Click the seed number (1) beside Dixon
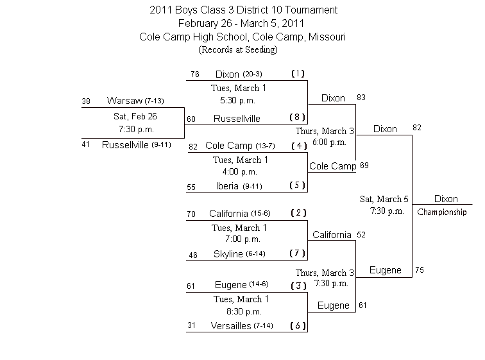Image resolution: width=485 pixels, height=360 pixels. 298,74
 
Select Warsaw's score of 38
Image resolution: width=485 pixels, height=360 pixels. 86,101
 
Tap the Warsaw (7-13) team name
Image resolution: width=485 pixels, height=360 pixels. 135,101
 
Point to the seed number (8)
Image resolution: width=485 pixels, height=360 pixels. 297,117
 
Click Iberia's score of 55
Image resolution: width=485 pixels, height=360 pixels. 191,187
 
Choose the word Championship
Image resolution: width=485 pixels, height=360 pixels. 441,212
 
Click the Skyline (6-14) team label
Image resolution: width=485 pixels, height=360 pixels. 239,254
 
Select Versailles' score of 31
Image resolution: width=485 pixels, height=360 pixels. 191,325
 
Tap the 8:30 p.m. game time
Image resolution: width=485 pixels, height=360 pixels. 244,311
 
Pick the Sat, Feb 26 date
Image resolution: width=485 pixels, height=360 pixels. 135,116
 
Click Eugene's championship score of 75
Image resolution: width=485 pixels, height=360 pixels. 420,270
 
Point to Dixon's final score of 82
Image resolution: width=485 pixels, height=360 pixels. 417,128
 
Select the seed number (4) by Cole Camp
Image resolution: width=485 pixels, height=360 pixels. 299,146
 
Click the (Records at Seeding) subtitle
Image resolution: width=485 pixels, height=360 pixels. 238,49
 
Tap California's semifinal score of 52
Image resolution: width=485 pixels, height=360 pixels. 361,235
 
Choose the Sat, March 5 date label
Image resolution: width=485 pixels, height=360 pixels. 384,199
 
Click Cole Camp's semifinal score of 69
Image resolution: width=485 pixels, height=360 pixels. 364,166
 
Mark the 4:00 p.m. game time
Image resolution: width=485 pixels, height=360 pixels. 240,171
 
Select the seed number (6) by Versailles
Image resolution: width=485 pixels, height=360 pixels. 298,325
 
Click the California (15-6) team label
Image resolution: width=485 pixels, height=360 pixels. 240,214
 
